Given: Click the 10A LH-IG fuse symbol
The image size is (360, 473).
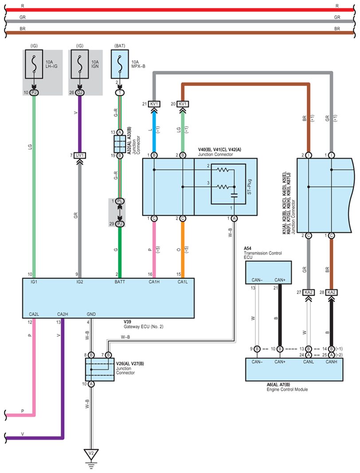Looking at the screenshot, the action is [34, 64].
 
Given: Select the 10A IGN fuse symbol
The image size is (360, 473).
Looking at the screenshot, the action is [80, 64].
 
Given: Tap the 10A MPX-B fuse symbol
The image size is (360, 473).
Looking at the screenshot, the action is [120, 64].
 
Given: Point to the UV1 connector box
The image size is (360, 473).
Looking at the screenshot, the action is [80, 155].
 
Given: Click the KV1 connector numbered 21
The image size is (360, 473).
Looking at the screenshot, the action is [154, 104].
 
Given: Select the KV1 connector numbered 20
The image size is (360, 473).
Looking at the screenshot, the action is [182, 104].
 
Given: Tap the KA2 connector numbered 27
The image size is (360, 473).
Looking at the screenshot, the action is [309, 292].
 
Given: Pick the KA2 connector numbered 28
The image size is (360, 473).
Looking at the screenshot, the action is [331, 292].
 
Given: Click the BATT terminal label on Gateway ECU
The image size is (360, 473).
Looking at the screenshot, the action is [120, 282].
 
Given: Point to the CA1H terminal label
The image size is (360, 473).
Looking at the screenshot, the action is [154, 282].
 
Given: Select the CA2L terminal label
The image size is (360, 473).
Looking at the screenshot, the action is [34, 314].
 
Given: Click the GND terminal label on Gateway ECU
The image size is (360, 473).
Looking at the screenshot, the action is [91, 314].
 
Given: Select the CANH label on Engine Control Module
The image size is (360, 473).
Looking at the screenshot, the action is [331, 362].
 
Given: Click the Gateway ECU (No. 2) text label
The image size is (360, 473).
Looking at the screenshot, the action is [144, 327].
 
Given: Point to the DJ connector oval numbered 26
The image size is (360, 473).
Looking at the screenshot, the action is [80, 93].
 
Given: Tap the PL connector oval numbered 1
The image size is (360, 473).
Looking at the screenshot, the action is [120, 201].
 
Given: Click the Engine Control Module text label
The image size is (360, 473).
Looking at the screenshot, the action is [287, 389].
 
